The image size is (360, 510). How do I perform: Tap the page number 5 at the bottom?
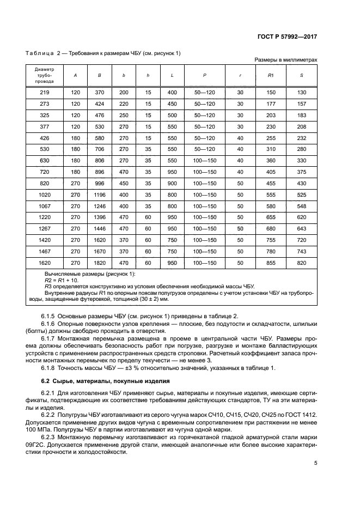pyautogui.click(x=315, y=464)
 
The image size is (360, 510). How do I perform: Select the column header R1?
pyautogui.click(x=271, y=75)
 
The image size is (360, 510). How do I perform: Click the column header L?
pyautogui.click(x=172, y=75)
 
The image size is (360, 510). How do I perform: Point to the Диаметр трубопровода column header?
pyautogui.click(x=45, y=75)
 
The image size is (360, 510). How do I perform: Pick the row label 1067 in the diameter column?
pyautogui.click(x=45, y=207)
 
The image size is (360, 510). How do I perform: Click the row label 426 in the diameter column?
pyautogui.click(x=45, y=138)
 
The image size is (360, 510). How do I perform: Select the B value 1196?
pyautogui.click(x=100, y=195)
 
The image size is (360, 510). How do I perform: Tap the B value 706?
pyautogui.click(x=100, y=149)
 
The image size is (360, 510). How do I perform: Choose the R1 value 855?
pyautogui.click(x=271, y=264)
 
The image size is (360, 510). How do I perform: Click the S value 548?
pyautogui.click(x=302, y=207)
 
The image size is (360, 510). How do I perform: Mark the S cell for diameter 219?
pyautogui.click(x=302, y=92)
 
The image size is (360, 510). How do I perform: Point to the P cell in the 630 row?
pyautogui.click(x=205, y=161)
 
